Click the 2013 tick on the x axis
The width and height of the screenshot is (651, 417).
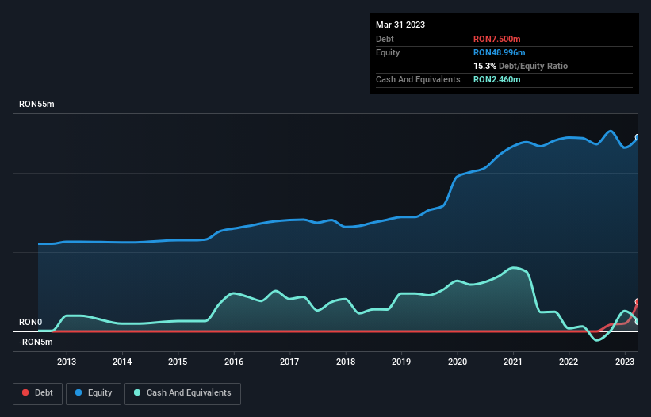click(66, 362)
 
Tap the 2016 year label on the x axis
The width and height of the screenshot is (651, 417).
click(234, 362)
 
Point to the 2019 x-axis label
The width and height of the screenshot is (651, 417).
click(401, 362)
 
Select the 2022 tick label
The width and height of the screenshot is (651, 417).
click(569, 362)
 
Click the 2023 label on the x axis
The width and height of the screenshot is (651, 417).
click(625, 362)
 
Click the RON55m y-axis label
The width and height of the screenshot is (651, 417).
click(36, 105)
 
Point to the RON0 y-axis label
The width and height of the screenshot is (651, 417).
click(30, 323)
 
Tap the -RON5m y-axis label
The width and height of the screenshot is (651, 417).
click(36, 342)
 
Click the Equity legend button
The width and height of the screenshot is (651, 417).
click(94, 393)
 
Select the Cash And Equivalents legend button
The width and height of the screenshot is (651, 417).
click(182, 393)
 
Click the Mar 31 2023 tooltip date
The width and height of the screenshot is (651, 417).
click(400, 25)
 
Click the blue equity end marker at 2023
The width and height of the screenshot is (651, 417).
click(638, 137)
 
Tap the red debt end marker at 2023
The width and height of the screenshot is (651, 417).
click(638, 302)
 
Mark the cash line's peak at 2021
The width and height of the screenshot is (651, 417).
click(515, 268)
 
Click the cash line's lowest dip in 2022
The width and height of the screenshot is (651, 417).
click(597, 339)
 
